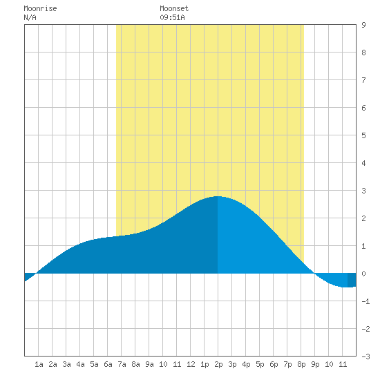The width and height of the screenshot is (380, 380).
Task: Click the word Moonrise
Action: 40,8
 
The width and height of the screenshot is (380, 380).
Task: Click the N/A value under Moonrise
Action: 30,17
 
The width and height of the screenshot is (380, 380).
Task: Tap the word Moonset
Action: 174,8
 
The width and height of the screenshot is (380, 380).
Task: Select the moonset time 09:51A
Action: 172,17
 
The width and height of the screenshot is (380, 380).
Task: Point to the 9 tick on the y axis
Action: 363,25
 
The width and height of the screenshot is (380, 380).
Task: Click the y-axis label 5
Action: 363,135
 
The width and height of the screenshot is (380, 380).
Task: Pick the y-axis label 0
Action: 363,274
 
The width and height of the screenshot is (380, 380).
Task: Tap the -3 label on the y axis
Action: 365,357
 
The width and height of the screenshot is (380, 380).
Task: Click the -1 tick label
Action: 365,301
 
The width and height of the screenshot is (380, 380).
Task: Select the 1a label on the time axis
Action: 39,364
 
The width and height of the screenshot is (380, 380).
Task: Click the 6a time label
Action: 108,364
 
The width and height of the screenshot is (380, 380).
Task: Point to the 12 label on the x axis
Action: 191,364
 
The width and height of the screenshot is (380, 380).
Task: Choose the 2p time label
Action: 218,364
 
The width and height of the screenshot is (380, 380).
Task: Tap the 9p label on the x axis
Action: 315,364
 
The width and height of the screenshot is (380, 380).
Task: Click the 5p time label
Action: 260,364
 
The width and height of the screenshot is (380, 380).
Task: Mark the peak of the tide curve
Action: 218,196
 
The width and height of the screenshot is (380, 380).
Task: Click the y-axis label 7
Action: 363,80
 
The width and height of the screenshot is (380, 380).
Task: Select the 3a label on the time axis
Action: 66,364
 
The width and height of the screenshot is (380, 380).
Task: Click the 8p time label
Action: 301,364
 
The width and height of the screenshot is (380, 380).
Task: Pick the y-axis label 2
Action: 363,218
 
